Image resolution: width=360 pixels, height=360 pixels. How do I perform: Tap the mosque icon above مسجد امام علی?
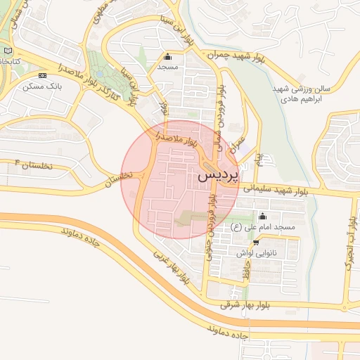click(264, 217)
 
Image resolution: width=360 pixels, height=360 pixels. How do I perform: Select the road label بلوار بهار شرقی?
click(244, 304)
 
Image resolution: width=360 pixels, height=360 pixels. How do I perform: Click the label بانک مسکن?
click(41, 86)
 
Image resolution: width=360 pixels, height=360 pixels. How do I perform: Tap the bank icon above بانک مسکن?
click(43, 75)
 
